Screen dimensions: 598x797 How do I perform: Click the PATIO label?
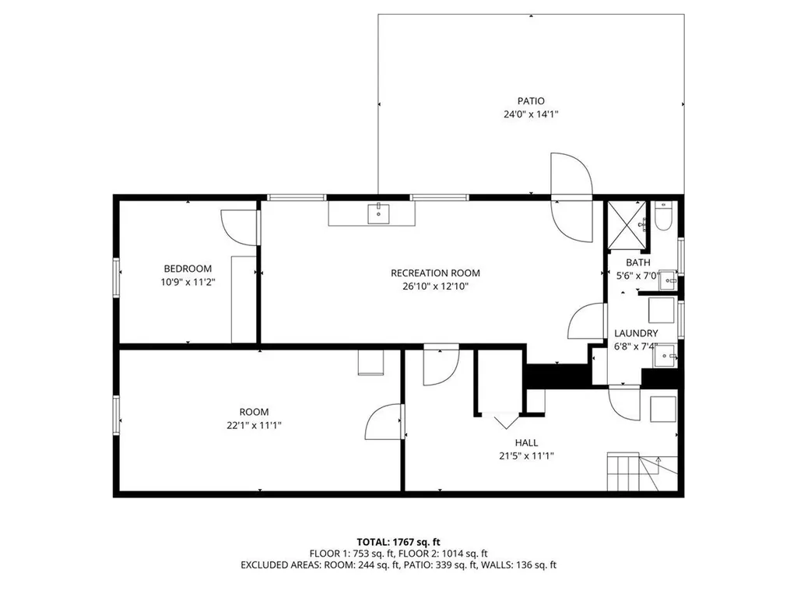pyautogui.click(x=531, y=100)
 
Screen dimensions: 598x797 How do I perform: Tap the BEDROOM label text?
pyautogui.click(x=187, y=269)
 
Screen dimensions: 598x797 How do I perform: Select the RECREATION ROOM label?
pyautogui.click(x=435, y=273)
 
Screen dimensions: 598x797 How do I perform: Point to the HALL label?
pyautogui.click(x=526, y=442)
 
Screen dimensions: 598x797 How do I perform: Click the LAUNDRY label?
pyautogui.click(x=636, y=332)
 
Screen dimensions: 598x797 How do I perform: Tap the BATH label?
pyautogui.click(x=637, y=262)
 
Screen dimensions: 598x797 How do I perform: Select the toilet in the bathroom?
pyautogui.click(x=663, y=218)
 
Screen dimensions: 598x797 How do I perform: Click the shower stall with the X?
pyautogui.click(x=627, y=223)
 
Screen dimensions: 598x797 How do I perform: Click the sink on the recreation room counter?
pyautogui.click(x=378, y=212)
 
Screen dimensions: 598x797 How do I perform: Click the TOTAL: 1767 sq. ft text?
pyautogui.click(x=398, y=541)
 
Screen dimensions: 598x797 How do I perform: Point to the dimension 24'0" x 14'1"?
pyautogui.click(x=531, y=114)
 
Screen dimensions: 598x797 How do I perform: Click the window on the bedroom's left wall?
pyautogui.click(x=116, y=278)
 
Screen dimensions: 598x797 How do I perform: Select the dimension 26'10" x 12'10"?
pyautogui.click(x=435, y=287)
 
